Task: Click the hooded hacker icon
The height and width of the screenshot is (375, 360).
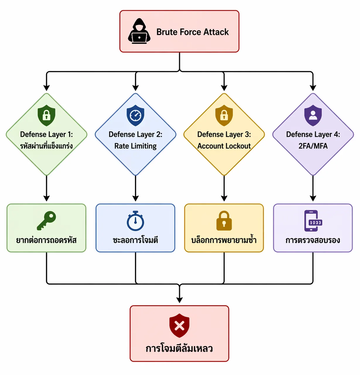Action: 139,31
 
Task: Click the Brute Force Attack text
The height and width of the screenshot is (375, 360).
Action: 192,32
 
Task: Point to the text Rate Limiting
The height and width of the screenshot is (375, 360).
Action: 135,146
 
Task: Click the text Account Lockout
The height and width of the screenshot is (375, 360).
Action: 224,146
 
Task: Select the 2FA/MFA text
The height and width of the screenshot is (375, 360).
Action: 313,146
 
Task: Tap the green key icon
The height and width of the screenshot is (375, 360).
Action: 47,221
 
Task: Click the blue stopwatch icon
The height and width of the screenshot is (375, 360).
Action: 135,221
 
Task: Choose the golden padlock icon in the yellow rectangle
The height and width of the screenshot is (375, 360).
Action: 224,221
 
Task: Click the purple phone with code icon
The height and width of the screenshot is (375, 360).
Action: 313,221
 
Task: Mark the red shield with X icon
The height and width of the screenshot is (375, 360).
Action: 179,325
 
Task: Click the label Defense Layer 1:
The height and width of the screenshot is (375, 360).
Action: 47,134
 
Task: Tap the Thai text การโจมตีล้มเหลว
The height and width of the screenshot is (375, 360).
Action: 179,349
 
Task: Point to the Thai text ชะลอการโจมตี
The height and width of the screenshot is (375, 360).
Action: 135,240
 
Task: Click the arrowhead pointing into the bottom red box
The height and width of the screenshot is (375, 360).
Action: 180,300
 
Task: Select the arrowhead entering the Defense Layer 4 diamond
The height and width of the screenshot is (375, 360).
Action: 313,88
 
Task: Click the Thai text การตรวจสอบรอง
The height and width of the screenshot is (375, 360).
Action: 313,240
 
